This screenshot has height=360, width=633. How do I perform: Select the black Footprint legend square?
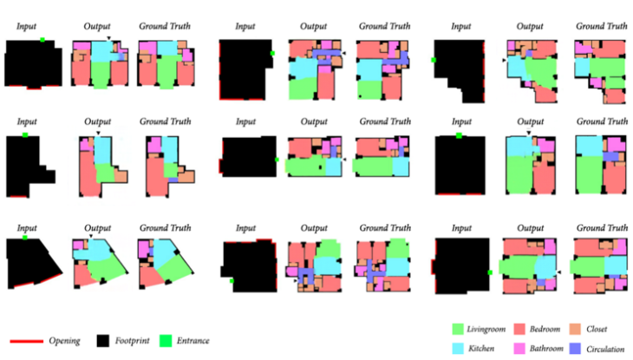click(x=103, y=341)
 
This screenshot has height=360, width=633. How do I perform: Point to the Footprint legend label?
click(x=136, y=341)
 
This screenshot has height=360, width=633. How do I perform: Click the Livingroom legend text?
click(x=492, y=330)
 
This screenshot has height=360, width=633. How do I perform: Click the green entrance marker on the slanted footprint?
click(x=26, y=236)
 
